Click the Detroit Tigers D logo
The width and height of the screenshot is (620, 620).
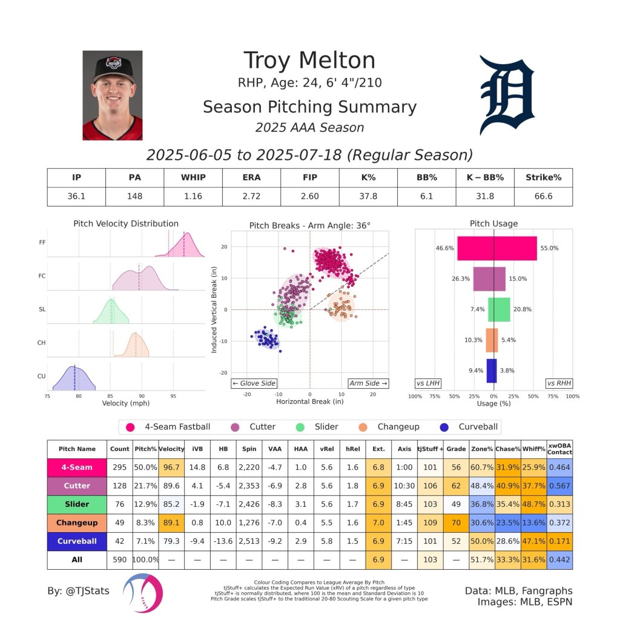coord(507,96)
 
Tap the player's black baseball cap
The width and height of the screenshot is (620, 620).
coord(113,66)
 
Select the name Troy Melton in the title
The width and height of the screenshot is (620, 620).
coord(309,61)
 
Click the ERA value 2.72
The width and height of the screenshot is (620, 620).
coord(251,196)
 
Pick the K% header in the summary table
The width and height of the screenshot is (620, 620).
coord(368,177)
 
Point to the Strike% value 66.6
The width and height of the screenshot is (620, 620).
coord(543,196)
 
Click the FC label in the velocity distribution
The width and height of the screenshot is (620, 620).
coord(42,276)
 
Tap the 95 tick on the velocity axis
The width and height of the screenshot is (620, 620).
coord(173,396)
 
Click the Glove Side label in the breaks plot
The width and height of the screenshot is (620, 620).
coord(254,383)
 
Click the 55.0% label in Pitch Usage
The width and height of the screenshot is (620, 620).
coord(550,248)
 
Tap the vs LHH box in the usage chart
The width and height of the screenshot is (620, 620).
coord(427,383)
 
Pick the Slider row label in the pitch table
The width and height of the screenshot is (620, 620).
coord(77,504)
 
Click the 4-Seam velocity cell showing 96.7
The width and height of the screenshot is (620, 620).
coord(171,467)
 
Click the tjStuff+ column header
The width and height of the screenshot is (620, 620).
coord(430,449)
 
